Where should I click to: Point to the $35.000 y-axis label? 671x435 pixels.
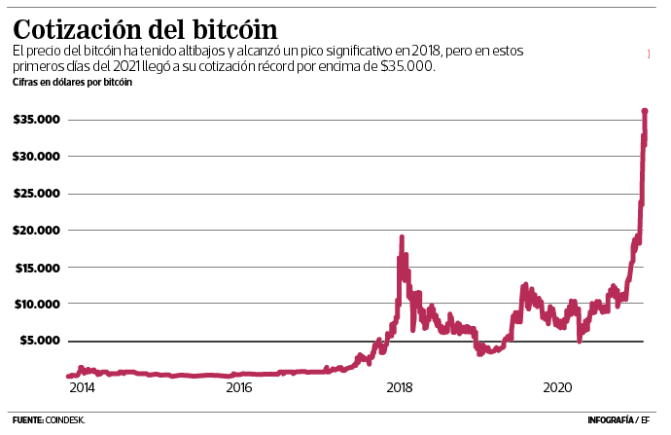coord(38,120)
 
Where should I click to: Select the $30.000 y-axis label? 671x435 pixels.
coord(38,157)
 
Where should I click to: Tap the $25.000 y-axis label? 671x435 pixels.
coord(38,194)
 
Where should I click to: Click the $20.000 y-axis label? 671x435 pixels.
coord(38,231)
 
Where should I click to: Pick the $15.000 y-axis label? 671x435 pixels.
coord(38,268)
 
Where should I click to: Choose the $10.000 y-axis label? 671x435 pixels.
coord(38,305)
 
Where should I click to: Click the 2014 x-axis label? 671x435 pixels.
coord(82,388)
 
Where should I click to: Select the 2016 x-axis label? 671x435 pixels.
coord(239,388)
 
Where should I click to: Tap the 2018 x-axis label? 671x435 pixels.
coord(399,388)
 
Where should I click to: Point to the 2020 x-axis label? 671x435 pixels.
coord(557,388)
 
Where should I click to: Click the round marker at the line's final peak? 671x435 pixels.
coord(645,112)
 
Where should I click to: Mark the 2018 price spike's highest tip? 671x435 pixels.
coord(402,236)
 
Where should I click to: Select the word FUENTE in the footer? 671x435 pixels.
coord(27,420)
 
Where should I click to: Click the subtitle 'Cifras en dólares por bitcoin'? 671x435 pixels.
coord(73,83)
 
